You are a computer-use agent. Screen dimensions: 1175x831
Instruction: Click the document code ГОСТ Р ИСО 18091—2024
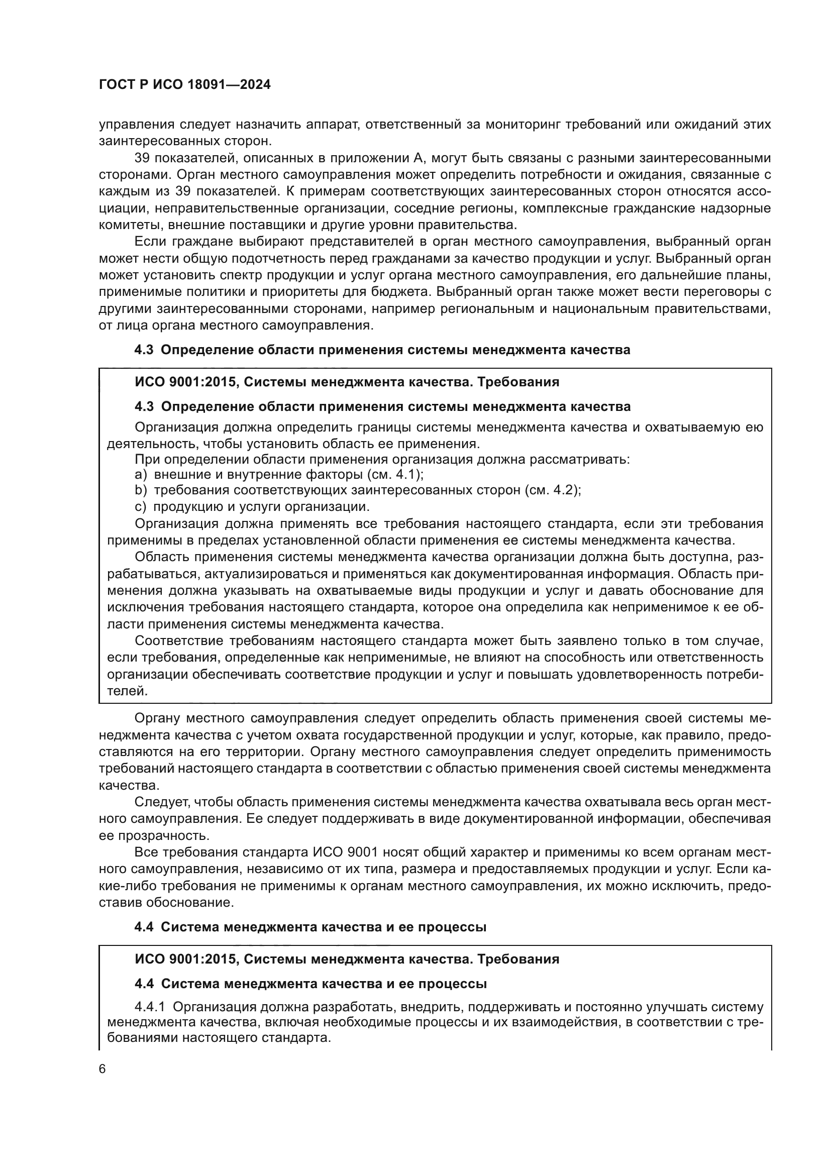[x=184, y=85]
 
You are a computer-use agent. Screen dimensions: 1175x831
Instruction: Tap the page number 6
[x=102, y=1069]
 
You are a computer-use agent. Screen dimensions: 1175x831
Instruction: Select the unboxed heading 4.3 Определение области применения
[x=382, y=350]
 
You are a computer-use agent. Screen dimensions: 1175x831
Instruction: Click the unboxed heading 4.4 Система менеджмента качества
[x=310, y=927]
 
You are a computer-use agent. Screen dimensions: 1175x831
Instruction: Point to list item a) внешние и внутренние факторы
[x=279, y=474]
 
